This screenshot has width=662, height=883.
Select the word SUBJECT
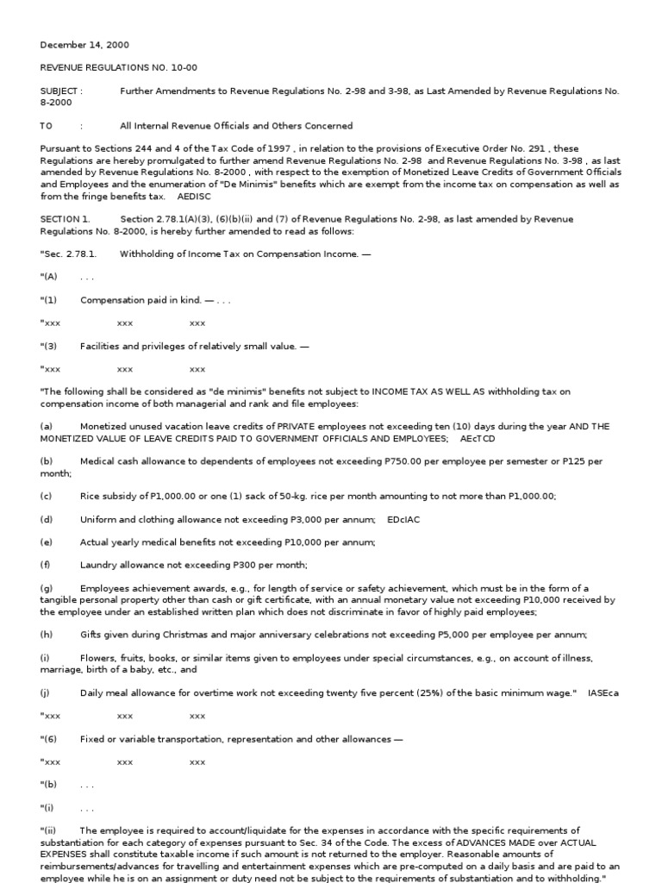point(59,91)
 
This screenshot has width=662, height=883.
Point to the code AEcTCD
point(478,439)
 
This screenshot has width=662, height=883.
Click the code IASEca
point(607,692)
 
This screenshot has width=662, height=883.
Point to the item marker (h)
point(47,635)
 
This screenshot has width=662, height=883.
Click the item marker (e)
point(47,542)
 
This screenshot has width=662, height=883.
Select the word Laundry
point(99,565)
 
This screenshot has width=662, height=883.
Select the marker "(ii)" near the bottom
point(48,830)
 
